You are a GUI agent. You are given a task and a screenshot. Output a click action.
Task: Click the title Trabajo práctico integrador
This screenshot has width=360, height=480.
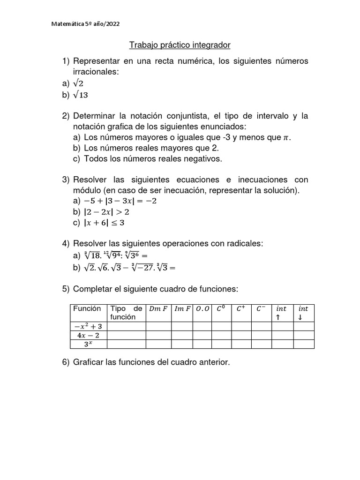[x=180, y=45]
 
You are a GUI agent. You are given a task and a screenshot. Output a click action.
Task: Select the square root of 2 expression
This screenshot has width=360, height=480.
[x=78, y=83]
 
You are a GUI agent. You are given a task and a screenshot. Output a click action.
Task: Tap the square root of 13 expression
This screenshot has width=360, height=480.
[x=81, y=95]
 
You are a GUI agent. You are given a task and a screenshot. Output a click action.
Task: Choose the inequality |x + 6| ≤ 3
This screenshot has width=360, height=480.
[x=104, y=223]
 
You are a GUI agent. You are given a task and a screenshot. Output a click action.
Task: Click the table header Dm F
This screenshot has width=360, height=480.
[x=158, y=309]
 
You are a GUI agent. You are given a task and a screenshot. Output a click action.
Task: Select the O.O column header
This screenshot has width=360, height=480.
[x=204, y=309]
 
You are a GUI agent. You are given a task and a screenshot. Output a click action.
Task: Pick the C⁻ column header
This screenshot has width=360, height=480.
[x=261, y=309]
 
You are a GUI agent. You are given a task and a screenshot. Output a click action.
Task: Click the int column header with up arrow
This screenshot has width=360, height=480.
[x=282, y=313]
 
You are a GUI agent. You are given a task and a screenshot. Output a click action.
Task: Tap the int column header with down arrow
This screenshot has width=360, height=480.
[x=303, y=313]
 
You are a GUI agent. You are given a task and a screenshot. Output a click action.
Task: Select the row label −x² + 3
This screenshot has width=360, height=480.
[x=89, y=326]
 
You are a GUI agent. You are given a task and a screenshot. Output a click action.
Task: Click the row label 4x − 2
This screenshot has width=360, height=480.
[x=89, y=335]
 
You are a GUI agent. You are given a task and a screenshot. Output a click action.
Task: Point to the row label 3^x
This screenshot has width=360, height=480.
[x=89, y=344]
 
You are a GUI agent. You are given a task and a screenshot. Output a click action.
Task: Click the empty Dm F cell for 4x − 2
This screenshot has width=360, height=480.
[x=158, y=335]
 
